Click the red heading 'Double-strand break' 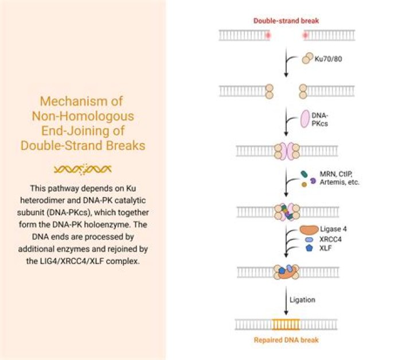(x=286, y=21)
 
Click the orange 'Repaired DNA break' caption (x=286, y=340)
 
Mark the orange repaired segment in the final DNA (x=287, y=325)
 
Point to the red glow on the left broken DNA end (x=267, y=35)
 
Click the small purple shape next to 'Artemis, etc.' (x=313, y=180)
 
